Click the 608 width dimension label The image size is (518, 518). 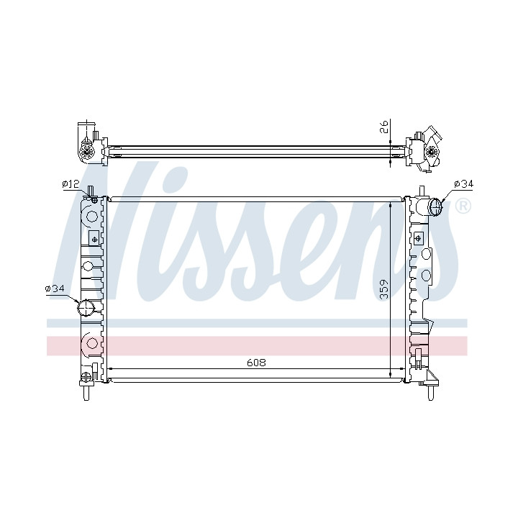click(256, 363)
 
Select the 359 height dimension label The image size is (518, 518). click(384, 289)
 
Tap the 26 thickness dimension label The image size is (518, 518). click(384, 127)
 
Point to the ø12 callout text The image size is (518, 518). click(71, 183)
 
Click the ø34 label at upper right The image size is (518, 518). click(464, 183)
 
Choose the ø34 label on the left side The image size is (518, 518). click(55, 288)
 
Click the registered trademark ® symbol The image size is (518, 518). click(463, 206)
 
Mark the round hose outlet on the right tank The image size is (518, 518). click(435, 207)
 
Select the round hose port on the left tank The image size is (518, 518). click(86, 308)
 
